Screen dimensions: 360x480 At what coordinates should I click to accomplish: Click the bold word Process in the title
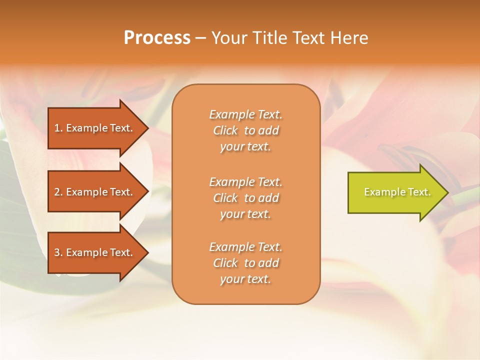pos(157,38)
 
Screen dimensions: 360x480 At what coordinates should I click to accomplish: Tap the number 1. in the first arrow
pos(58,128)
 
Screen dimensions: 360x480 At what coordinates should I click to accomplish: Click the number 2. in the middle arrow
pos(58,192)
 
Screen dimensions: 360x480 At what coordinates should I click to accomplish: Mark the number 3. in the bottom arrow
pos(58,252)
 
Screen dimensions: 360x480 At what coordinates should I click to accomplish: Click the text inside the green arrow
pos(397,192)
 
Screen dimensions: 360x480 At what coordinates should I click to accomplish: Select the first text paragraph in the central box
pos(245,130)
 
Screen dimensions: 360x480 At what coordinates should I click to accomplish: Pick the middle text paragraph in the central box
pos(245,198)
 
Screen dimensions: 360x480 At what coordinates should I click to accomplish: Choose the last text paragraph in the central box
pos(245,263)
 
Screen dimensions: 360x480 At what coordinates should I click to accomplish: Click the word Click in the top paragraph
pos(225,130)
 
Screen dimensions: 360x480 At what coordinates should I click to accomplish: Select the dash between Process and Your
pos(200,38)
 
